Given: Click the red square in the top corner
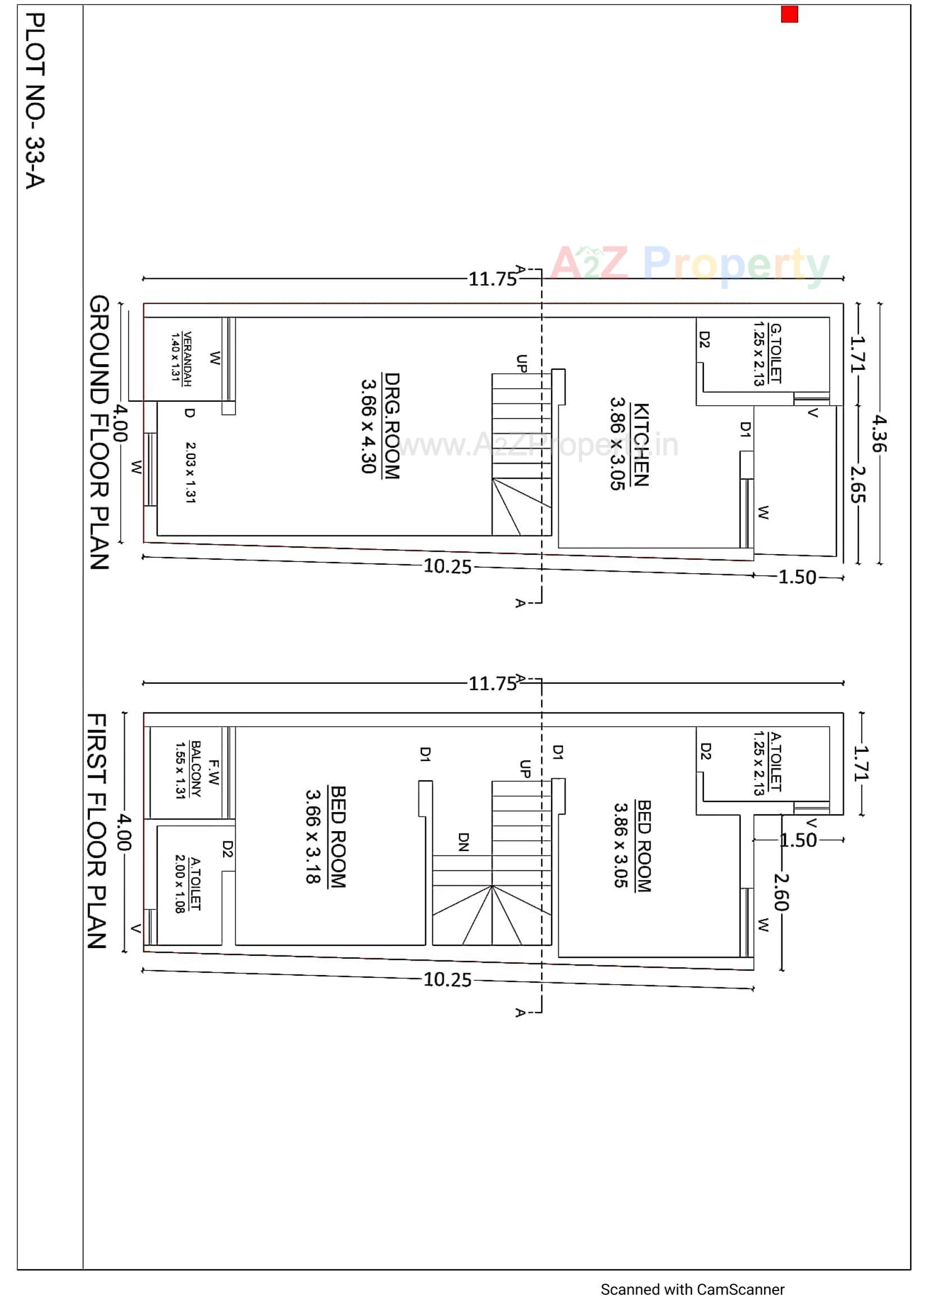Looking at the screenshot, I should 789,14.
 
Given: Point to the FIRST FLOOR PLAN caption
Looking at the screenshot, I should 97,831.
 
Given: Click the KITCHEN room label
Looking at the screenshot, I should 641,445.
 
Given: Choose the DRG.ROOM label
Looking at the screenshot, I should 392,425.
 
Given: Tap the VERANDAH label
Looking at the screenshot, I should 186,359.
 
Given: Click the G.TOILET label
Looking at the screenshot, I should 775,353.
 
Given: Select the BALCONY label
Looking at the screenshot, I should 195,770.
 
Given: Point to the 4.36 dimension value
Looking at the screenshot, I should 878,433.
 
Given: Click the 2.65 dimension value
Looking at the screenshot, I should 857,484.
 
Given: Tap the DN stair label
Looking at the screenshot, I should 463,841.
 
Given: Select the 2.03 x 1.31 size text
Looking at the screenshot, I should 190,472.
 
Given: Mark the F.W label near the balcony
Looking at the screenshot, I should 214,772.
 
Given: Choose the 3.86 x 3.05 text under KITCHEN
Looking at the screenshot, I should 617,443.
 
